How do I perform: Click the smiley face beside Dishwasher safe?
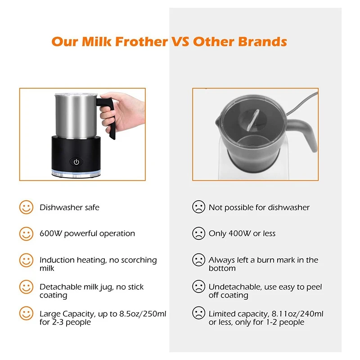[26, 207]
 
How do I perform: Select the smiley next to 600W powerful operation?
[26, 234]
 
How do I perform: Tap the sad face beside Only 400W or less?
[198, 234]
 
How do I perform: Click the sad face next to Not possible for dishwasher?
[198, 207]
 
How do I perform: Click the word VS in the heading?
[181, 42]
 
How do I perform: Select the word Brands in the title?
[263, 42]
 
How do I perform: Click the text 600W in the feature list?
[49, 234]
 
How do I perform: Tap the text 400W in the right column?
[238, 234]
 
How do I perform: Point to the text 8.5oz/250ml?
[139, 313]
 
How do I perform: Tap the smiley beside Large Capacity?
[26, 313]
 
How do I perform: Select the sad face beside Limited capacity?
[198, 313]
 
